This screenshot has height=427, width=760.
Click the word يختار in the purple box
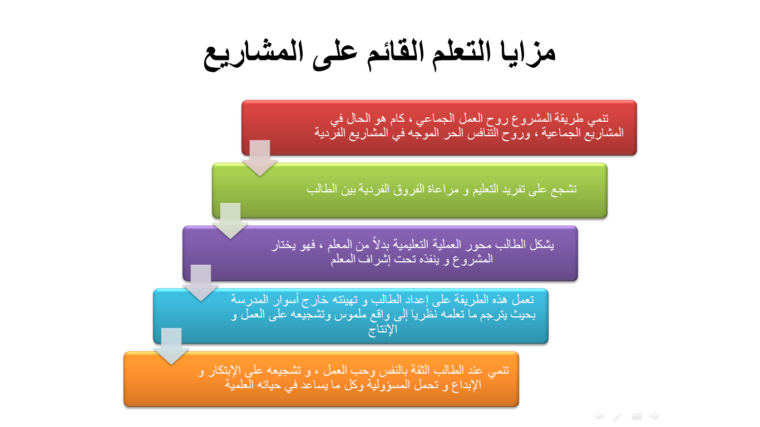coord(284,245)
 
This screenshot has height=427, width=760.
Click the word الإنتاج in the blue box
coord(382,329)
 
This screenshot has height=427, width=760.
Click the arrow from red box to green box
coord(260,158)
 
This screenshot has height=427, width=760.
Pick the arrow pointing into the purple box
coord(230,221)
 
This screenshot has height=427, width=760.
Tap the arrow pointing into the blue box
coord(201,283)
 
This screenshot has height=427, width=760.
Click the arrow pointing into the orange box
coord(171,346)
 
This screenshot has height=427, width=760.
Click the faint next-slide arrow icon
coord(655,416)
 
